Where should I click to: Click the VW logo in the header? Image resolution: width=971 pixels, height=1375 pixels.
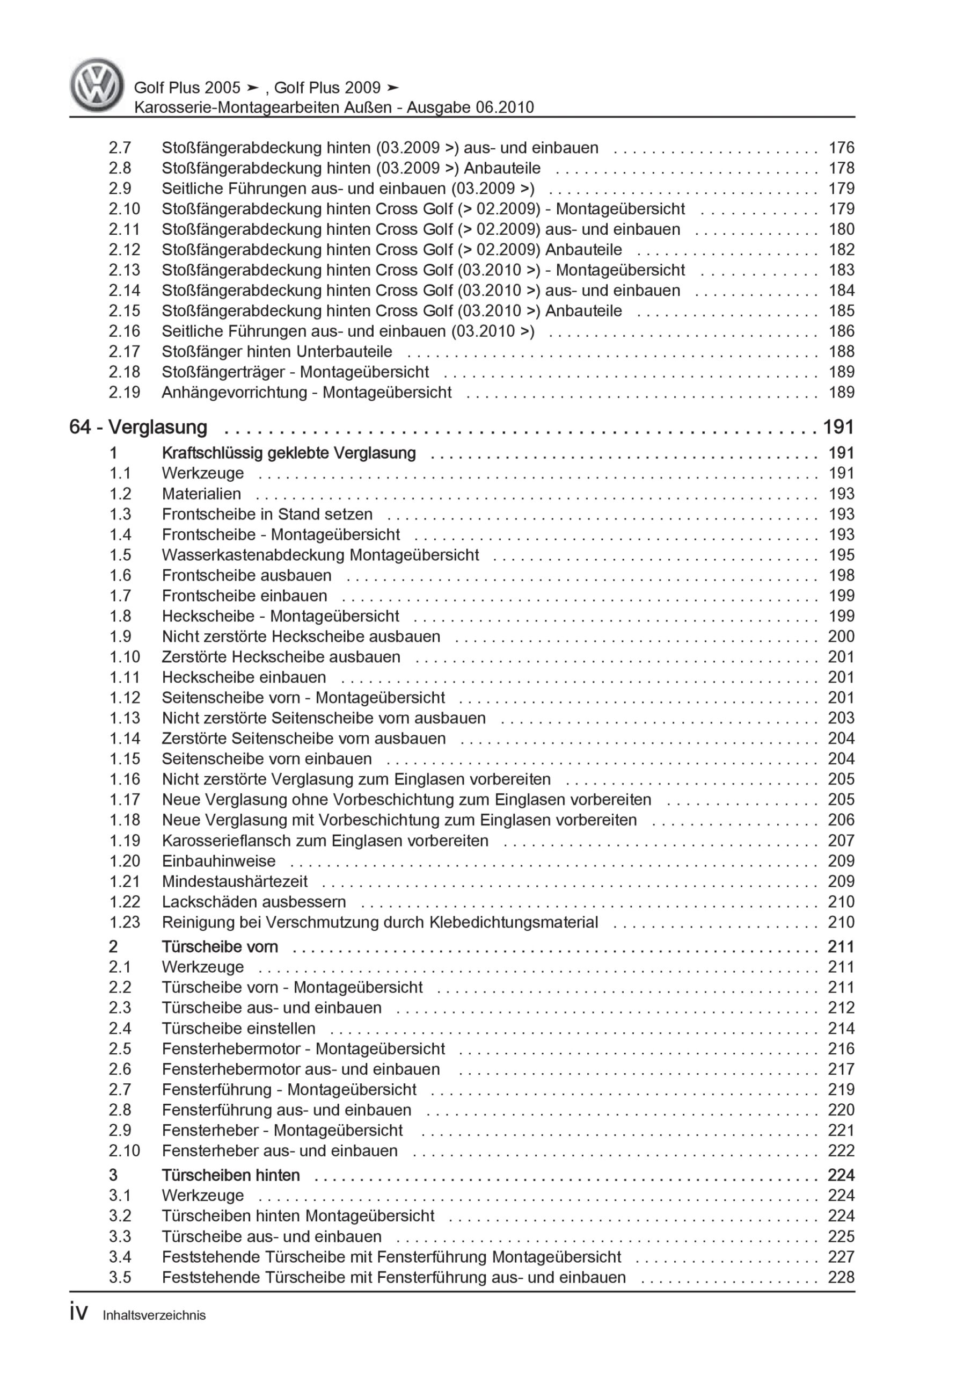tap(97, 85)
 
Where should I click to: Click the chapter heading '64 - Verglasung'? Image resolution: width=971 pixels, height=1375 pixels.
tap(138, 427)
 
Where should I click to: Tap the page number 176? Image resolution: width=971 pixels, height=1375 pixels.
tap(841, 148)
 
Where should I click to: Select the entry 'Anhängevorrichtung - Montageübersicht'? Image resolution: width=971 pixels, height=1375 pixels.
tap(306, 392)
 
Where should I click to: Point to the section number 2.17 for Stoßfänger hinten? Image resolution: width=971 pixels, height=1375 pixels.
tap(125, 351)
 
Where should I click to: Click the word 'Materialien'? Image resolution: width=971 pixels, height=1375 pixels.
tap(201, 494)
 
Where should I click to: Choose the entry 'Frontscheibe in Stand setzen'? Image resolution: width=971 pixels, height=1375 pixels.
tap(267, 514)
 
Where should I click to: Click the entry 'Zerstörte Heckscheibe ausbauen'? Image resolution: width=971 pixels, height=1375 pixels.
tap(281, 657)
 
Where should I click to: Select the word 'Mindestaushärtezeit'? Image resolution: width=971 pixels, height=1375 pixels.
tap(235, 881)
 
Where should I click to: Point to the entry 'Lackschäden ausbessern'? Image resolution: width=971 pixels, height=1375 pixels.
tap(254, 901)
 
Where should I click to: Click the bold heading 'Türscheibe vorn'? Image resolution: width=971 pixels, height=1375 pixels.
tap(220, 946)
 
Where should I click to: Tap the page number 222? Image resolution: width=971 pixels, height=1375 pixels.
tap(841, 1150)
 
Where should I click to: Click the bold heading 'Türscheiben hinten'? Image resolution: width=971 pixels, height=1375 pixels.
tap(230, 1175)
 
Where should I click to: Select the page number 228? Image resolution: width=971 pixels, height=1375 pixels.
tap(841, 1277)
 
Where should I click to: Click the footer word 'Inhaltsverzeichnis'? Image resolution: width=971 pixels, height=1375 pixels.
tap(154, 1315)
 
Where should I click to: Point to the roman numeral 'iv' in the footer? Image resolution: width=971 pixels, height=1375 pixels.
tap(78, 1313)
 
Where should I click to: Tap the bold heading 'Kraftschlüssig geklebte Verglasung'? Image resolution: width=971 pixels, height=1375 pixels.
tap(289, 453)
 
